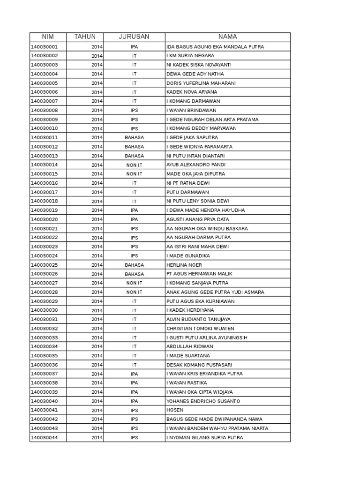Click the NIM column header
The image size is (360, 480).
48,37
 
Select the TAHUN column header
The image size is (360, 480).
85,37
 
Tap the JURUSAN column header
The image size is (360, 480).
134,37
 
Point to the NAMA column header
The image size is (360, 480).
227,37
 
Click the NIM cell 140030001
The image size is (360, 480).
45,47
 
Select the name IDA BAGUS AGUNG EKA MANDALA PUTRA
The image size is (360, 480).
215,47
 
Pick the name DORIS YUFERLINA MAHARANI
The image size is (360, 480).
201,83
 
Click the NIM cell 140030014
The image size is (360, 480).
45,165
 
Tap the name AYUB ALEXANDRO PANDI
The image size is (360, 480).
195,165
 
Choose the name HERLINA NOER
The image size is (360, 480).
184,265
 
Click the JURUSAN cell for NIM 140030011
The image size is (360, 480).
134,138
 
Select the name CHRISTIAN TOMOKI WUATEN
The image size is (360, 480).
200,329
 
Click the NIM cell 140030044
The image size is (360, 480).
45,438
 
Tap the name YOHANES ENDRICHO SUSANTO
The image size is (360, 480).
203,401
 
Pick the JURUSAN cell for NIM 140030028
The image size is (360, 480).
134,292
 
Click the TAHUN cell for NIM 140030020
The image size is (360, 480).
97,219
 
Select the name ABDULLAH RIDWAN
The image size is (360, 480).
190,347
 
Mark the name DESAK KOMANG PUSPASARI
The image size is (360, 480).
199,365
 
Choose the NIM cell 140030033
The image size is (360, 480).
45,337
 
